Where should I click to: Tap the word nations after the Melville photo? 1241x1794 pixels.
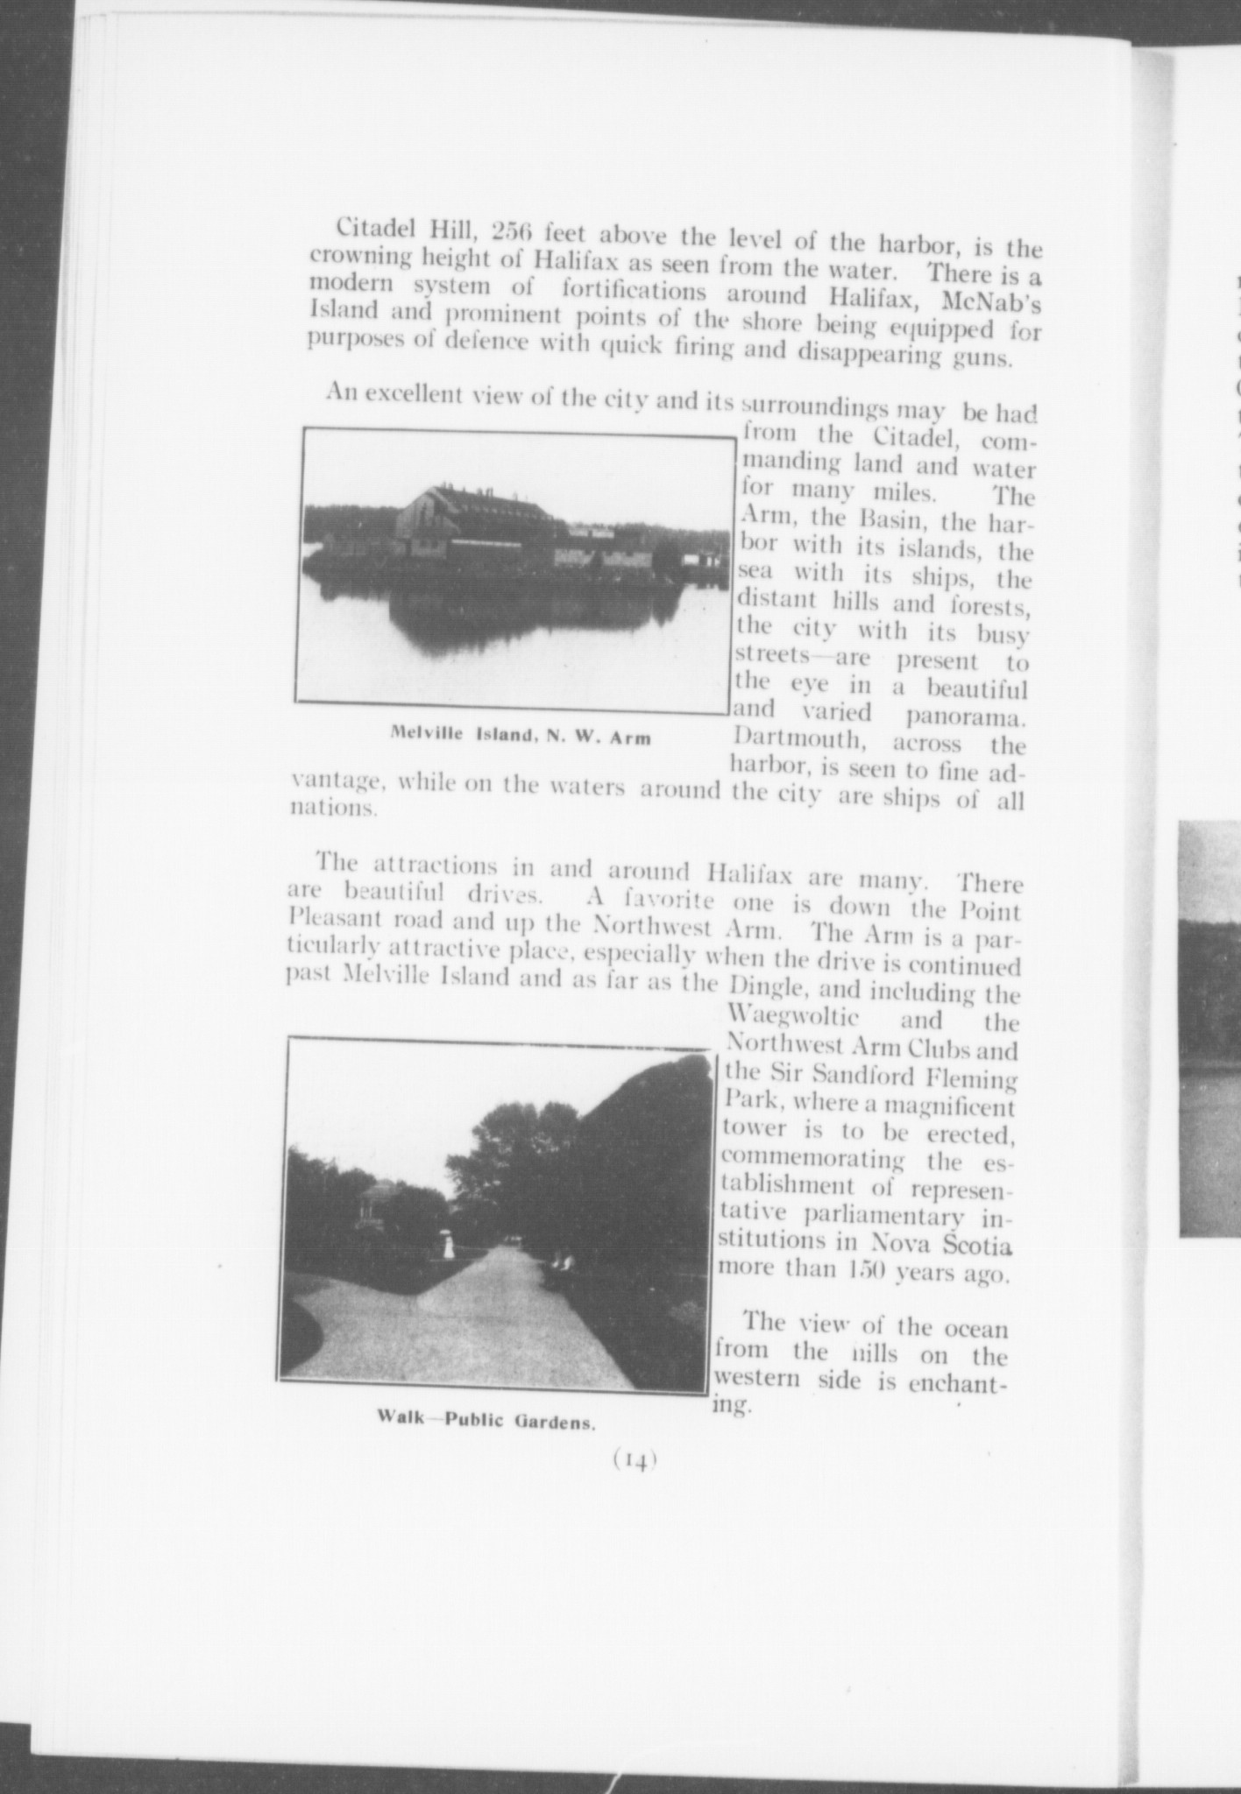333,808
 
